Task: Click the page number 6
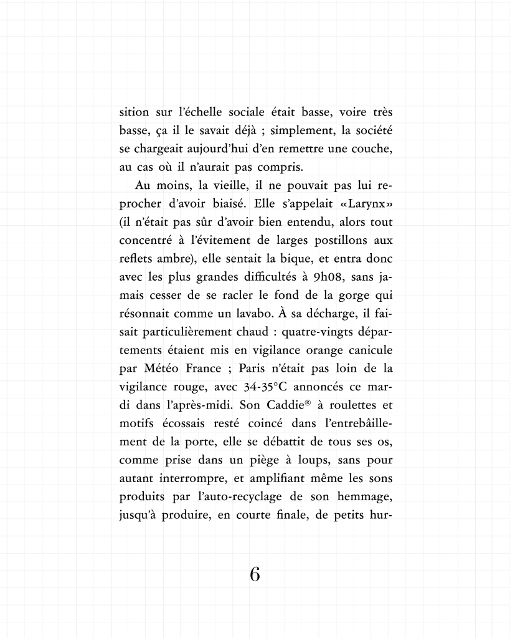[254, 574]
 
